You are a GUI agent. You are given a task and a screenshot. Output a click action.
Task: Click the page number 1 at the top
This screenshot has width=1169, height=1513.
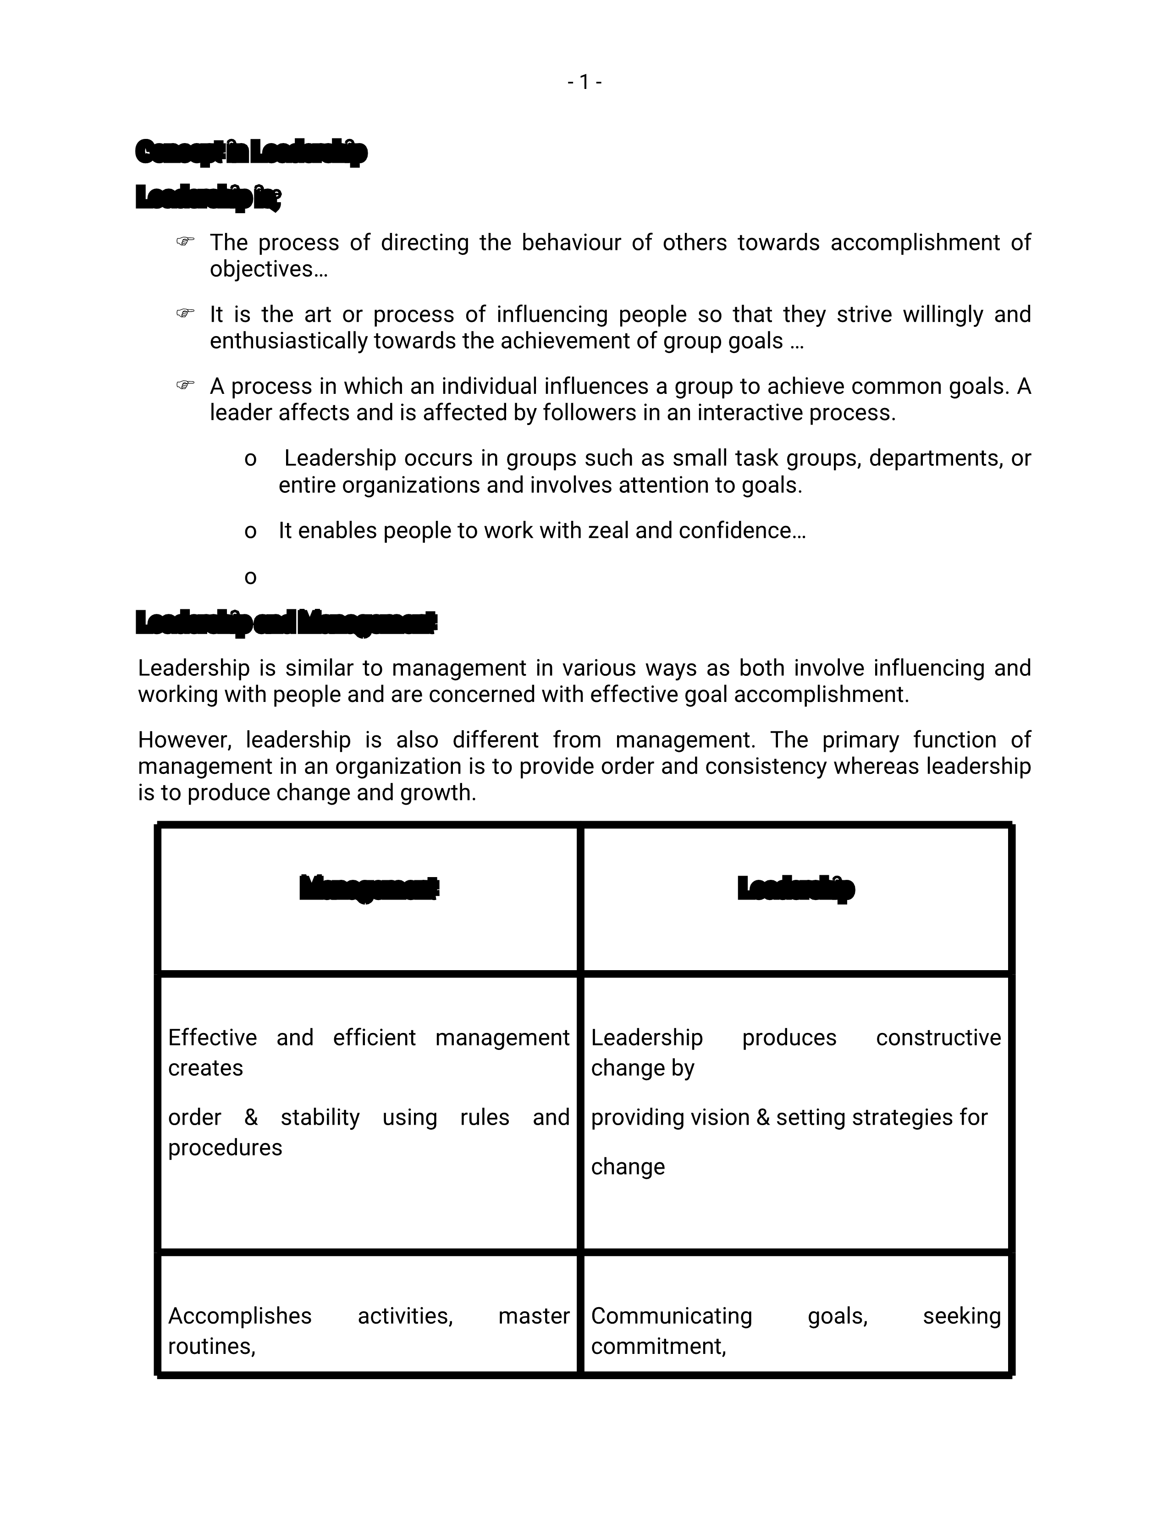pos(584,83)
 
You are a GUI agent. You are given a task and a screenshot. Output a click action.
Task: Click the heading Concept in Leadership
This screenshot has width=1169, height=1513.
pos(251,152)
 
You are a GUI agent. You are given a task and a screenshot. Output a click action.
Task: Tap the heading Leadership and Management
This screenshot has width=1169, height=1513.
pos(286,623)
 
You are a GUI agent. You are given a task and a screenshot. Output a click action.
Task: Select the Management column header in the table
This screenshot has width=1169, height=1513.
pos(369,888)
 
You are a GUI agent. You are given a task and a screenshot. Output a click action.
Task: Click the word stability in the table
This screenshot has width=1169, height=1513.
pos(320,1117)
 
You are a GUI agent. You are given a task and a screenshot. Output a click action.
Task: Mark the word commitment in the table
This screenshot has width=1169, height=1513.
pos(658,1346)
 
